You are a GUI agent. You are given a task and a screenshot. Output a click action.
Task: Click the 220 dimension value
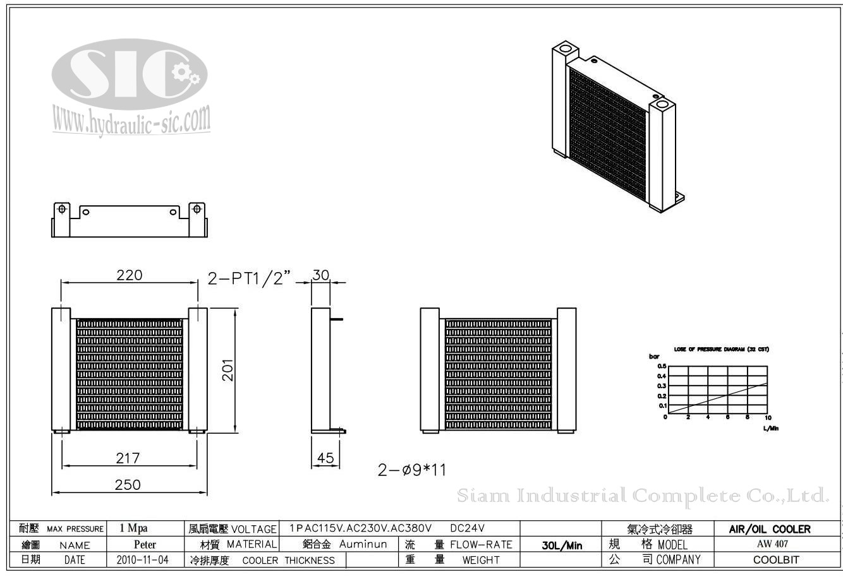point(129,275)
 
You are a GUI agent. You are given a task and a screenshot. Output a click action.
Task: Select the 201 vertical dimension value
point(228,370)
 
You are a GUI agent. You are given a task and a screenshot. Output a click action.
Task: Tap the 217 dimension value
point(128,458)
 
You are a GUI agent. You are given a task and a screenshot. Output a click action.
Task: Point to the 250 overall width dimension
point(128,485)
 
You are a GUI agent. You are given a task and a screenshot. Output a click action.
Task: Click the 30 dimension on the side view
point(321,275)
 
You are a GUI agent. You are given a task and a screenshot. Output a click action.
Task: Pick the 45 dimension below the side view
point(325,458)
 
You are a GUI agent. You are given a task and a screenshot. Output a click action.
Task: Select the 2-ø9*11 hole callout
point(412,470)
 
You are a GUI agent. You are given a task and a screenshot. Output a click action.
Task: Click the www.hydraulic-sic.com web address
point(131,120)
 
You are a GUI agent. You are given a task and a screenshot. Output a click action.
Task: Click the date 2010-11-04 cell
point(143,559)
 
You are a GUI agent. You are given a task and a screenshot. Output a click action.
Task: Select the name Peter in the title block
point(145,544)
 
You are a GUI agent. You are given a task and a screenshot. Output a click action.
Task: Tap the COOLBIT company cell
point(776,559)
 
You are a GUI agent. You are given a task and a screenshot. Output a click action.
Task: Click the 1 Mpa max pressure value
point(133,528)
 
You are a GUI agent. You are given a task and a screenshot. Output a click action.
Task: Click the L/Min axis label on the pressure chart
point(770,428)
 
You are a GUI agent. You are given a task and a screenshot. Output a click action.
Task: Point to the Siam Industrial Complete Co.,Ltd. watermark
point(642,496)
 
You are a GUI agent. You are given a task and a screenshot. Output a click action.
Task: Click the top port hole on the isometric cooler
point(565,48)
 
